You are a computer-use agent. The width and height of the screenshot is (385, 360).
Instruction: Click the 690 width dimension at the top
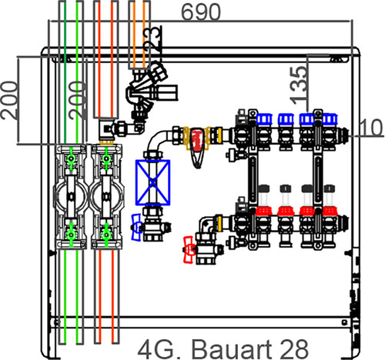201,12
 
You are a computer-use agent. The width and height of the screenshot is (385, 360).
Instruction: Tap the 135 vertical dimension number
298,85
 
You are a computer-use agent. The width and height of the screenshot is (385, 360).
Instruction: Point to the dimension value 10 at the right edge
371,128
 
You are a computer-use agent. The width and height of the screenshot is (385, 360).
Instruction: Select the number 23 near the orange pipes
153,41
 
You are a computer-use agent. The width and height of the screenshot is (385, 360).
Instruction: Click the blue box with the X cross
152,182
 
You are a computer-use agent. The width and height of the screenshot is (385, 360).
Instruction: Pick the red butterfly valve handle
189,249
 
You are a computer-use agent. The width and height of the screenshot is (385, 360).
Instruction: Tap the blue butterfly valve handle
136,227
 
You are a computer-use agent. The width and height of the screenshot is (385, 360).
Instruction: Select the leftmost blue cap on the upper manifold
264,119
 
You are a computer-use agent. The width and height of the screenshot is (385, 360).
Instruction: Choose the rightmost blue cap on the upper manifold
330,119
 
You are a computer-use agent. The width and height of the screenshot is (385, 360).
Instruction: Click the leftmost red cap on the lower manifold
263,211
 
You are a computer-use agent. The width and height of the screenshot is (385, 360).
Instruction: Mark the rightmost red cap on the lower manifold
330,211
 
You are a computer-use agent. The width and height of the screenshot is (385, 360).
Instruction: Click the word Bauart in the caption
233,350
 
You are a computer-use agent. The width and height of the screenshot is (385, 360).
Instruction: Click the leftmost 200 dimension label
10,100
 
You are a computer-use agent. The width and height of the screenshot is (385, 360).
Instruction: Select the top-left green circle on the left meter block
71,158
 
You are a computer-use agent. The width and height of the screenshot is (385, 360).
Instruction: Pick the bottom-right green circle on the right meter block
106,235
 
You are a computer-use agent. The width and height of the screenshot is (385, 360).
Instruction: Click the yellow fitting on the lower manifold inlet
219,222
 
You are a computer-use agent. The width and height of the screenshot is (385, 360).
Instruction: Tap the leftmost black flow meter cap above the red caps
264,188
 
